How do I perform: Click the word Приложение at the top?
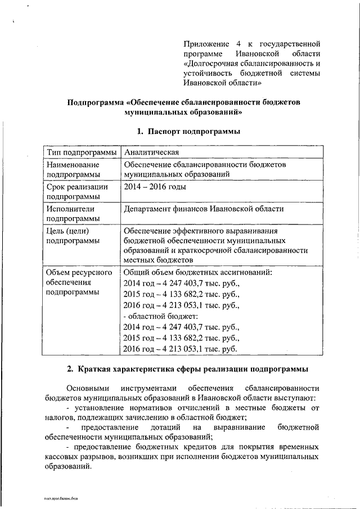(x=206, y=43)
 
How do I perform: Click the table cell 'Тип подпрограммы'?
(x=82, y=152)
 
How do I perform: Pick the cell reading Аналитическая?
(x=152, y=152)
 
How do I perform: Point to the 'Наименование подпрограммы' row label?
(x=73, y=170)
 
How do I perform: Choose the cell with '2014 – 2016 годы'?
(x=155, y=187)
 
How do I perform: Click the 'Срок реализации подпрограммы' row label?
(x=74, y=192)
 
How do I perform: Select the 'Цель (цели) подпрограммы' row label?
(x=70, y=236)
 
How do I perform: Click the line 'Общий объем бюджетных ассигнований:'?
(x=197, y=273)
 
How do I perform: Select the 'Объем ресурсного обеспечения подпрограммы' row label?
(x=79, y=282)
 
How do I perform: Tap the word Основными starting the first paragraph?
(x=85, y=389)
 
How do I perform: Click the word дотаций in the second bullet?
(x=181, y=427)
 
